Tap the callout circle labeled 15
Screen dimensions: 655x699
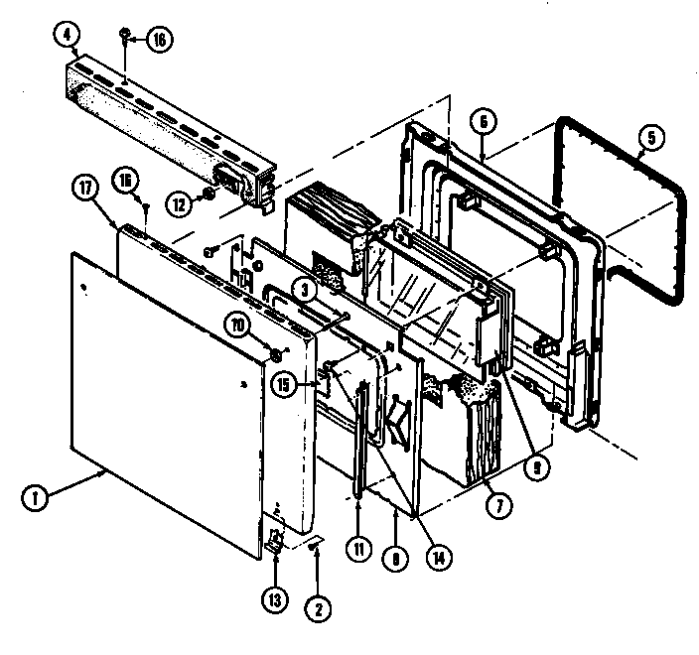coord(286,385)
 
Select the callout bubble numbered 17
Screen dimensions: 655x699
coord(82,187)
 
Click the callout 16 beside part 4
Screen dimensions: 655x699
coord(158,40)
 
